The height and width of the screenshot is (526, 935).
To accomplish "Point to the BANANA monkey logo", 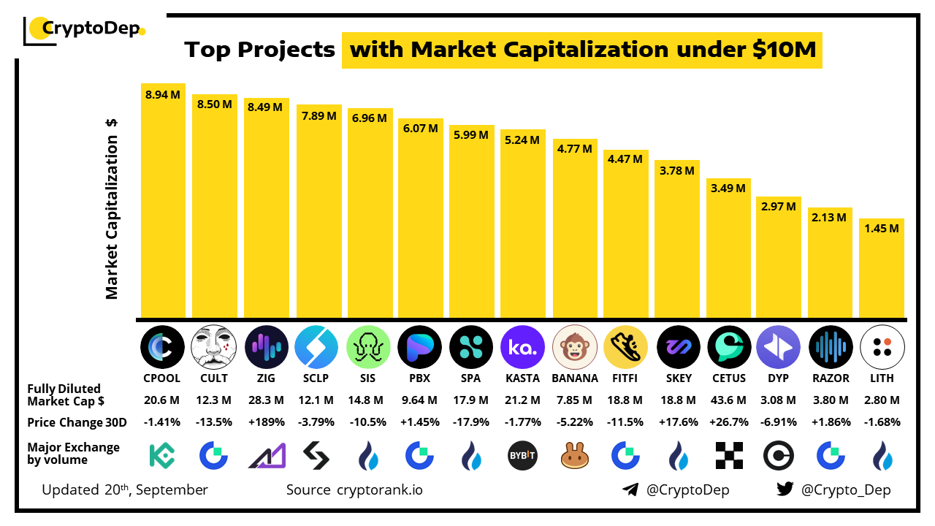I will click(x=575, y=346).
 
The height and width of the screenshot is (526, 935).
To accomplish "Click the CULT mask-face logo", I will click(x=213, y=346).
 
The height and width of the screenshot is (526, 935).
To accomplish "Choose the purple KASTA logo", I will click(x=523, y=346).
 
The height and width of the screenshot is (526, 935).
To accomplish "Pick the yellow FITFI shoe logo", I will click(x=626, y=346).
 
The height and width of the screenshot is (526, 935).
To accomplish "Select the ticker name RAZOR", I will click(x=831, y=378).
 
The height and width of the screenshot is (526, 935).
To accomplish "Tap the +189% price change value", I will click(x=265, y=422).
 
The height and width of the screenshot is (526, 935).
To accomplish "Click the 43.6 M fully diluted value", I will click(x=729, y=400).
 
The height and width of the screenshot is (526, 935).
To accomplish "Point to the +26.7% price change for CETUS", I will click(x=729, y=422).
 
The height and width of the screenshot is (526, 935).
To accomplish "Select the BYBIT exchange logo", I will click(x=523, y=456).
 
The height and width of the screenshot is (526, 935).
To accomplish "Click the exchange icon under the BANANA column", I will click(x=575, y=456).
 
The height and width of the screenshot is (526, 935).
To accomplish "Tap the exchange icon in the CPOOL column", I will click(x=162, y=456).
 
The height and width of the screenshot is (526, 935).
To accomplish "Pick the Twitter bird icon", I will click(x=785, y=489).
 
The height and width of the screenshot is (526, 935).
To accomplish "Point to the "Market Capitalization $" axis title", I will click(x=112, y=208).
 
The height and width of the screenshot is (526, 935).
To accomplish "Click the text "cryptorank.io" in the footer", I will click(x=379, y=489).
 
